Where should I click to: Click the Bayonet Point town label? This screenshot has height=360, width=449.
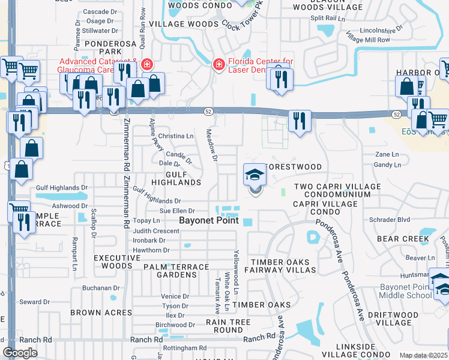pos(209,220)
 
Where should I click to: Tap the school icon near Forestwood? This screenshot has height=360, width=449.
pos(255,176)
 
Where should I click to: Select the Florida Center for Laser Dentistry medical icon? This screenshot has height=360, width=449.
pos(220,64)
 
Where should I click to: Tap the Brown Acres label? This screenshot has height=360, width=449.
pos(101,313)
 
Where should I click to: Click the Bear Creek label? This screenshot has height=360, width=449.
pos(403,239)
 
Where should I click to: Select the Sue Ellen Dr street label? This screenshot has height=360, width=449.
pos(176,211)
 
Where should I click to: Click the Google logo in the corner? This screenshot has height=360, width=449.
pos(20,353)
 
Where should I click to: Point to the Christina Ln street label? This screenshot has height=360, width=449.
pos(175,136)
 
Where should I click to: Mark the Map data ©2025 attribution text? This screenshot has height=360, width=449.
pos(423,355)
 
